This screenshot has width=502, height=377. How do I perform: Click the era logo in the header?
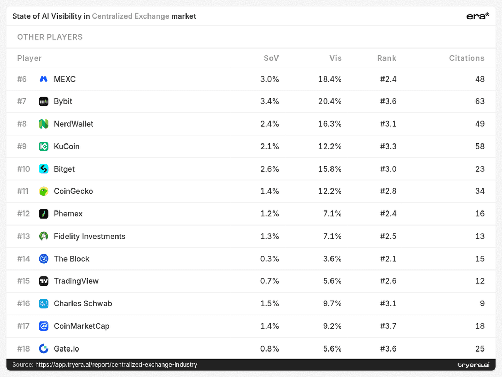478,16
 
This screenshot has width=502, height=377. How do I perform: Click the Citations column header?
466,58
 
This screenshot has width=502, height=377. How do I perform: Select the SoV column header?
271,58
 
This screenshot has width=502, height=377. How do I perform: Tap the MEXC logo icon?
44,79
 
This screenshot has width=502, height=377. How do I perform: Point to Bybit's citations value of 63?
480,101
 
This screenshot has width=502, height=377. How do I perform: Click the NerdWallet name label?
74,124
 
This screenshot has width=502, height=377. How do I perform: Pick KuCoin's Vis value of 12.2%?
329,146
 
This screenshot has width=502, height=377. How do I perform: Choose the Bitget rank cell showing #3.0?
388,169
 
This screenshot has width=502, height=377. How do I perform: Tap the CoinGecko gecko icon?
44,191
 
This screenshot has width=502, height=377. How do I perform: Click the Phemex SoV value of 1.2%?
269,214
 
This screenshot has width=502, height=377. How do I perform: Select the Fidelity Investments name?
90,236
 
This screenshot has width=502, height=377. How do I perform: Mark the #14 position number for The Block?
24,259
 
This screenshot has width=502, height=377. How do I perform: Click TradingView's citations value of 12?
480,281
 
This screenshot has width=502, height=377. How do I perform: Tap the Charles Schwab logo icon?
44,304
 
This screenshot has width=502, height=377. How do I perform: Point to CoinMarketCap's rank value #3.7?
388,326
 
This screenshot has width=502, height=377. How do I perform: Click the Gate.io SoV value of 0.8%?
269,349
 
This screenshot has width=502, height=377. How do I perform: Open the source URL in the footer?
116,364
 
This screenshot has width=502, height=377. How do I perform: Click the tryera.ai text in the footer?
473,365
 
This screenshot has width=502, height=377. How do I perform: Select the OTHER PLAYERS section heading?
50,37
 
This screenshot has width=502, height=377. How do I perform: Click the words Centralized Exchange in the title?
131,16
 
